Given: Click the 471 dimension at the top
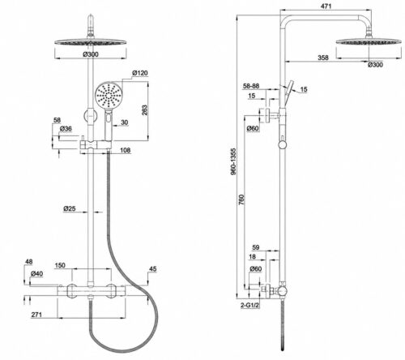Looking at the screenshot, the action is click(x=326, y=6).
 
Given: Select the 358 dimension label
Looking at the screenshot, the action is click(x=323, y=58).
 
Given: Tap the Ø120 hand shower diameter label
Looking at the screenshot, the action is click(x=140, y=73).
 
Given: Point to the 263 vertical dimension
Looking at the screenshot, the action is click(x=145, y=110).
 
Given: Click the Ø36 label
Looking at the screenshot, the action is click(x=66, y=129).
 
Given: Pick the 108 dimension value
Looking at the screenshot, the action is click(x=126, y=150).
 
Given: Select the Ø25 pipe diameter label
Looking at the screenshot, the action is click(x=70, y=208).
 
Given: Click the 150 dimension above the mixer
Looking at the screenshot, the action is click(x=60, y=265).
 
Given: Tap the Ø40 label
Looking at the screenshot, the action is click(x=36, y=274).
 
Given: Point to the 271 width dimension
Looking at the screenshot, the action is click(x=36, y=315).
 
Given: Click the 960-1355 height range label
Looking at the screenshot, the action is click(x=233, y=161).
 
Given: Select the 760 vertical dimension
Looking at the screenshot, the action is click(x=241, y=199).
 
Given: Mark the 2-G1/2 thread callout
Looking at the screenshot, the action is click(x=250, y=305).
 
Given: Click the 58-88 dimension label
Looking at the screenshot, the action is click(x=251, y=86).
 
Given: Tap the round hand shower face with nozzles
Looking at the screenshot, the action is click(x=109, y=95).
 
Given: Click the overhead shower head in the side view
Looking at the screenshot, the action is click(x=369, y=41).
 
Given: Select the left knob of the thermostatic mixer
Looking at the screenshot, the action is click(x=71, y=291).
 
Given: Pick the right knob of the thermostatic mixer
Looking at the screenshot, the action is click(x=110, y=291).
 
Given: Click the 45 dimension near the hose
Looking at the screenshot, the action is click(x=153, y=269).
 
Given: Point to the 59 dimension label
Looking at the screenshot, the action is click(x=255, y=247).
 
